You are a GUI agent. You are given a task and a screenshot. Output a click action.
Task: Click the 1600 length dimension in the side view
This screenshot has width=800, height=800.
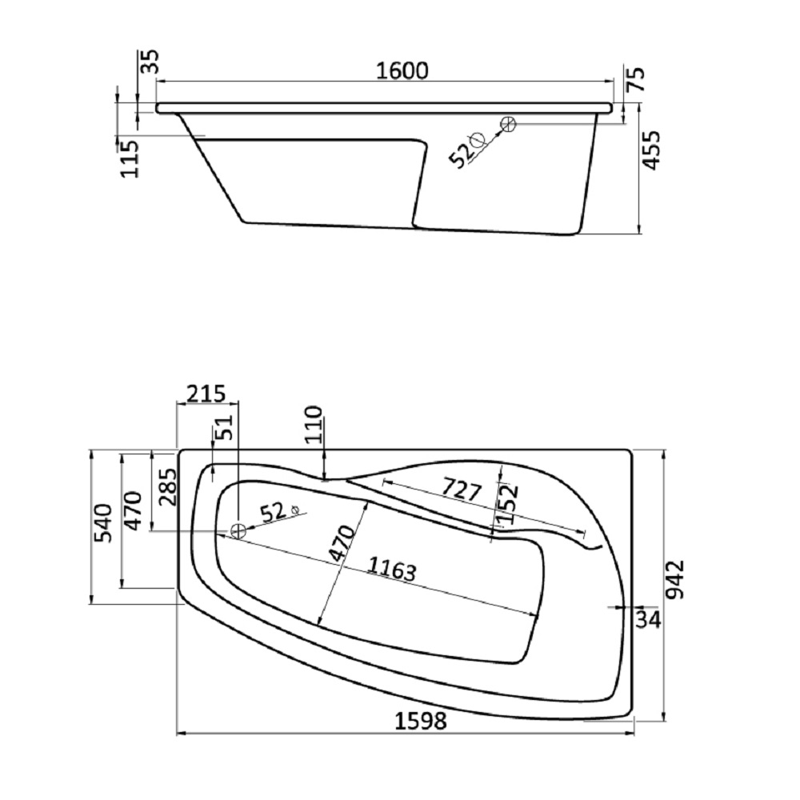pos(402,70)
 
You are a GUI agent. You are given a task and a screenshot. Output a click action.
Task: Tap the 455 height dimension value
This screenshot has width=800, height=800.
pos(653,150)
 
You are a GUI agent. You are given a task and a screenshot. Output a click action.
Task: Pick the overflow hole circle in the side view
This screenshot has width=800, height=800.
pos(508,123)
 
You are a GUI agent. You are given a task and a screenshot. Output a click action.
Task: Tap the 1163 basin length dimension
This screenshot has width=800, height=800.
pos(392,570)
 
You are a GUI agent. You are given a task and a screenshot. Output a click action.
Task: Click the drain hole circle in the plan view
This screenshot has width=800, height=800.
pos(238,531)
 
